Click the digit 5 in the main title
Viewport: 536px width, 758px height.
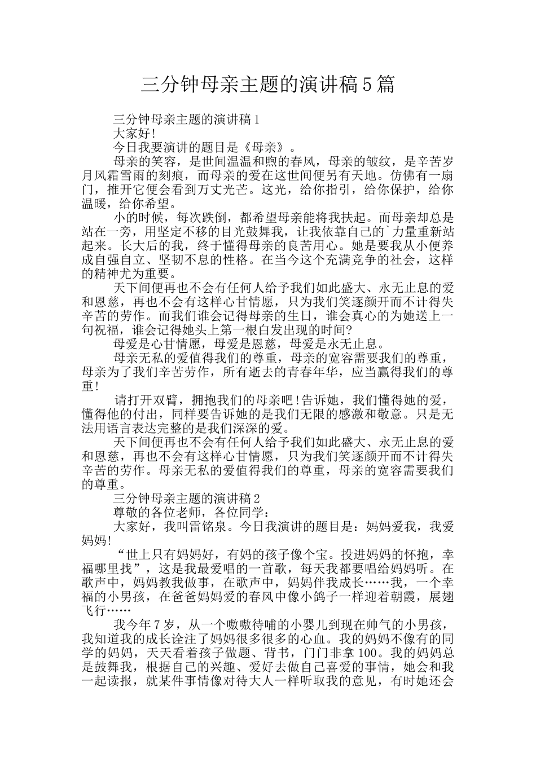pyautogui.click(x=366, y=85)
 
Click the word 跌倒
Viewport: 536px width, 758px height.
pyautogui.click(x=208, y=218)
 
